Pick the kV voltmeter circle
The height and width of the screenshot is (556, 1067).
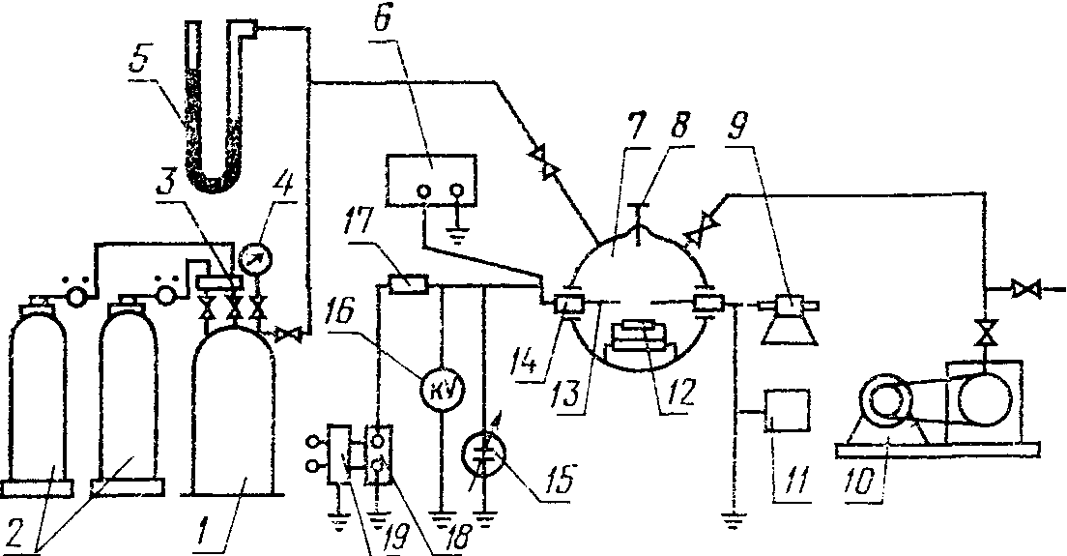(x=441, y=389)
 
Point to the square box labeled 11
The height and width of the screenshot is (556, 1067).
(x=787, y=413)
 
